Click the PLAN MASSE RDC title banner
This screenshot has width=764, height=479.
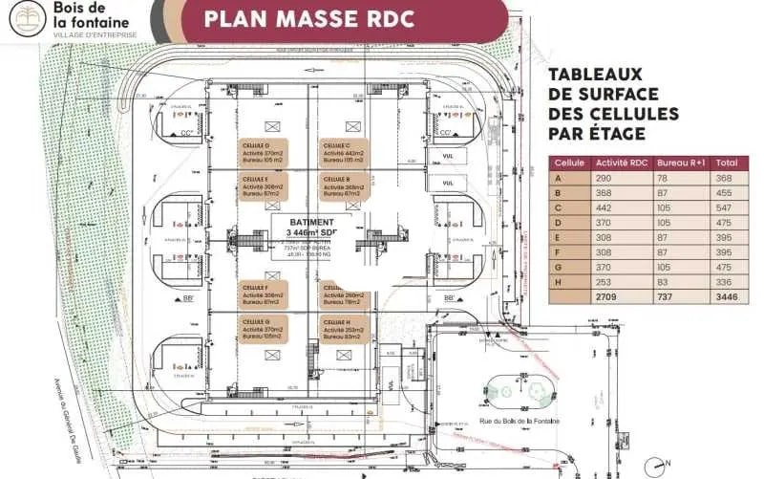click(x=342, y=19)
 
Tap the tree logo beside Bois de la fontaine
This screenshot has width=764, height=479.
click(x=27, y=18)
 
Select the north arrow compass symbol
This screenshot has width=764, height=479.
click(x=650, y=465)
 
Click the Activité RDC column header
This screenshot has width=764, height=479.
click(x=620, y=163)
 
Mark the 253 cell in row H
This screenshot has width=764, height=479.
click(x=605, y=282)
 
